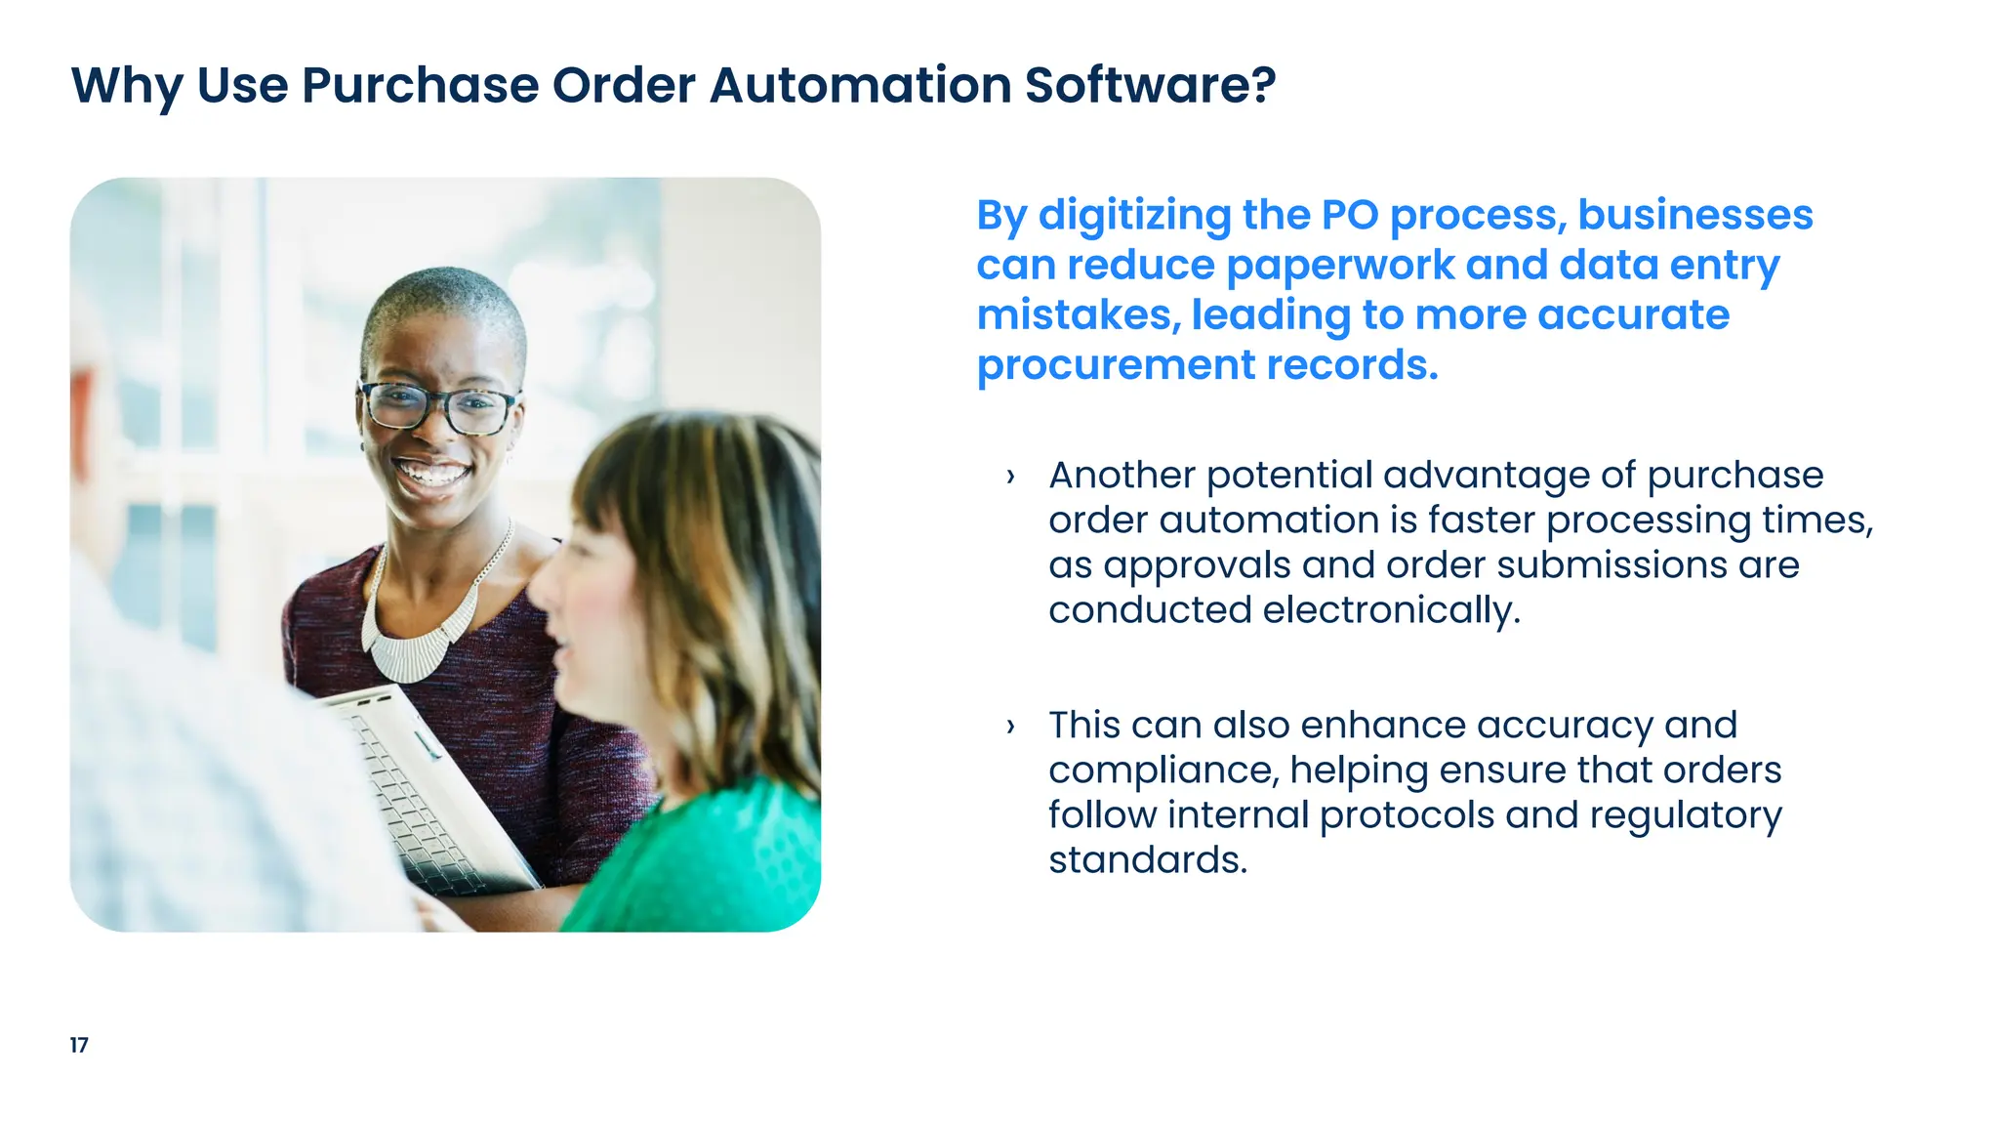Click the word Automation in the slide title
tap(860, 85)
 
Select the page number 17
tap(79, 1045)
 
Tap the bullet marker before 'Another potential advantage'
tap(1010, 477)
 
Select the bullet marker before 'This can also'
tap(1010, 727)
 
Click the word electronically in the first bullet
tap(1391, 610)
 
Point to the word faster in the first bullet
tap(1481, 521)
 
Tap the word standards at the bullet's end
tap(1147, 860)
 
